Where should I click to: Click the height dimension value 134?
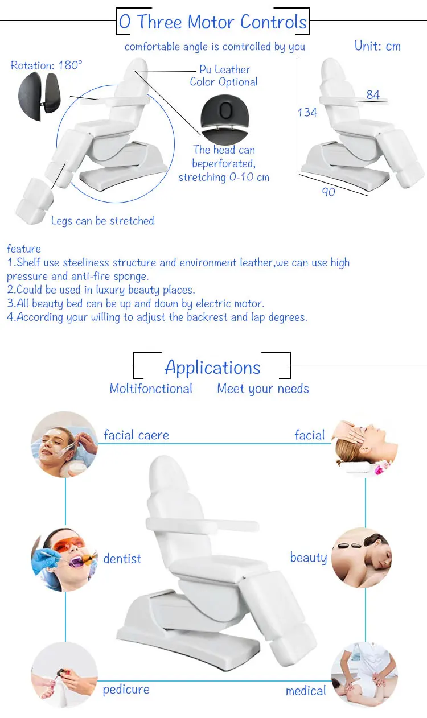(x=307, y=113)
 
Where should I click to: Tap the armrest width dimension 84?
(x=373, y=95)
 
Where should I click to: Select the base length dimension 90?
(x=329, y=192)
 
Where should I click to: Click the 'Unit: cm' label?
(x=377, y=46)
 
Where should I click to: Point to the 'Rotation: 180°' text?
(x=47, y=65)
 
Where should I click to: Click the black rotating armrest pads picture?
(x=39, y=96)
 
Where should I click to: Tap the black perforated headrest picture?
(x=225, y=119)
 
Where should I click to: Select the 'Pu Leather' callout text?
(x=224, y=69)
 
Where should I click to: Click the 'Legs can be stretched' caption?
(x=102, y=221)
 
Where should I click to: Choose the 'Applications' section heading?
(x=212, y=368)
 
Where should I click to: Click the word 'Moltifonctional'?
(x=151, y=389)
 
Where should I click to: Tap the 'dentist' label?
(x=122, y=559)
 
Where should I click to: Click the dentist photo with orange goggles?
(x=64, y=559)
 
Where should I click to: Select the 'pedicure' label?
(x=126, y=689)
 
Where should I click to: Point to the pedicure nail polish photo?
(x=64, y=674)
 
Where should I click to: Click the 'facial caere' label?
(x=136, y=435)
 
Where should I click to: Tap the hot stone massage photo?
(x=362, y=558)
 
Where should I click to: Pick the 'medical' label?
(x=306, y=691)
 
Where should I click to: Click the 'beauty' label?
(x=309, y=558)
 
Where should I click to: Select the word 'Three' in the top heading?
(x=159, y=22)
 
